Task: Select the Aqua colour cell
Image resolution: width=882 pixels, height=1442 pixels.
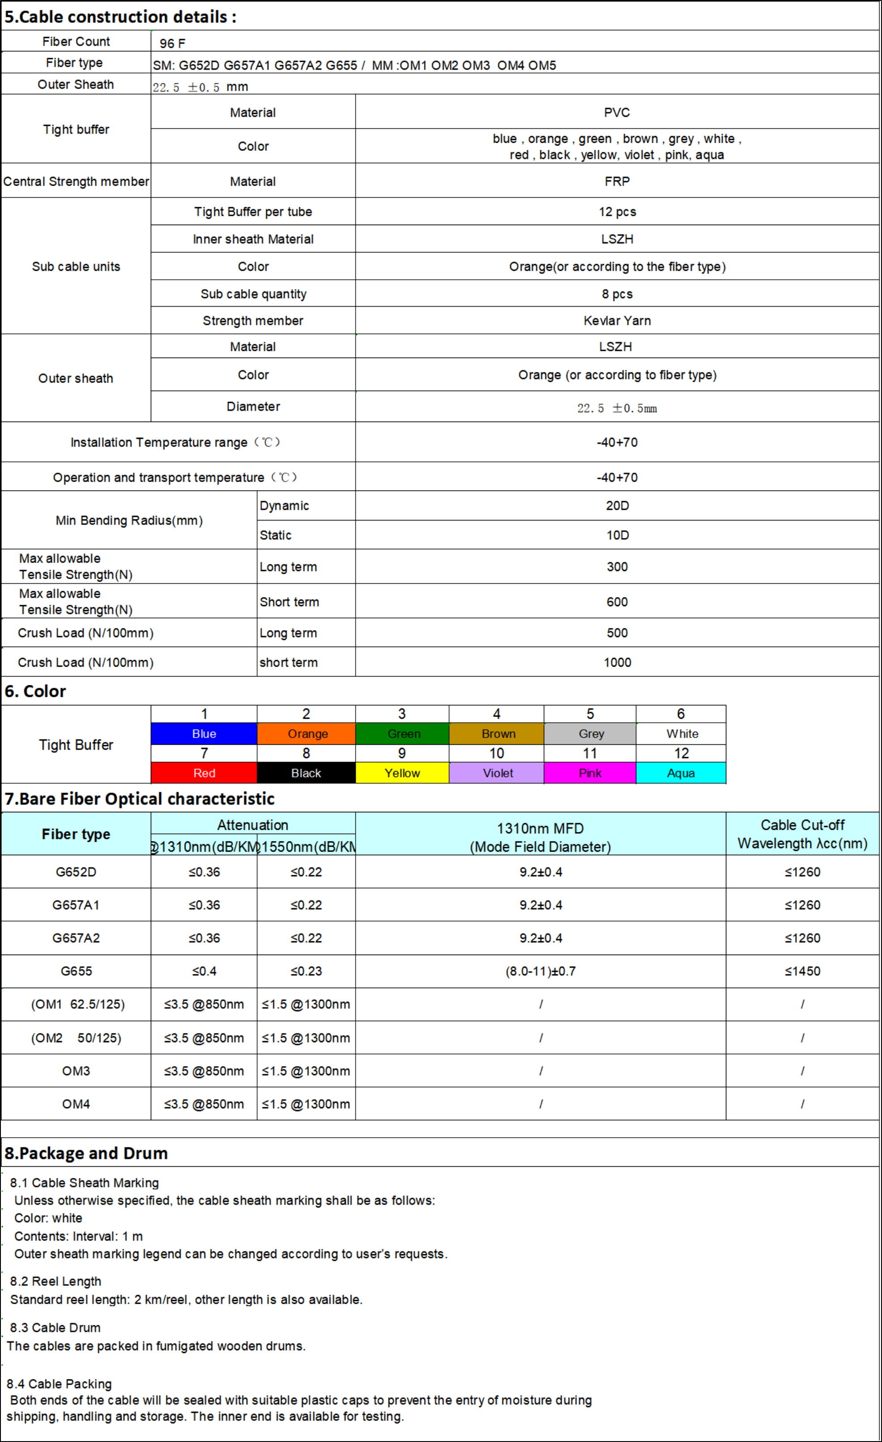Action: tap(681, 772)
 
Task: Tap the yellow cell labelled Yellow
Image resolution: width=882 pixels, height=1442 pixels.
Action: tap(402, 772)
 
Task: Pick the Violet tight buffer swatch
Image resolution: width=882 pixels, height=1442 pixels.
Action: tap(498, 772)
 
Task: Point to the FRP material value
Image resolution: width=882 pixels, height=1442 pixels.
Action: tap(617, 181)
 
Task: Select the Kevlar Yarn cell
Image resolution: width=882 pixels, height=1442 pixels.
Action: tap(617, 321)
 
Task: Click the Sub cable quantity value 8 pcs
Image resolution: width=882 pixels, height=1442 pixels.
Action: tap(617, 294)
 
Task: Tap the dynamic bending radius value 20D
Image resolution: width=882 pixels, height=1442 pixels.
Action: tap(617, 506)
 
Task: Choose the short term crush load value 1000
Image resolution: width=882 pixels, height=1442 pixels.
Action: tap(617, 662)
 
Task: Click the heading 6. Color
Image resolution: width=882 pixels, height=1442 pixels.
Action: tap(35, 691)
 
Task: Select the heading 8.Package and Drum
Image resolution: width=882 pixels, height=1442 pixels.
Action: tap(86, 1153)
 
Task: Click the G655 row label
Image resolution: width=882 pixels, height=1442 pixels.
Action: tap(76, 971)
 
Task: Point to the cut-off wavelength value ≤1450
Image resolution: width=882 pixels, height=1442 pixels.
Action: tap(802, 971)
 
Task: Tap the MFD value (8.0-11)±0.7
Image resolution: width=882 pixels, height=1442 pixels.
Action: tap(540, 971)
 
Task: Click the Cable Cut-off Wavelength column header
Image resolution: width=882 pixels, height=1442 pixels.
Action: tap(802, 834)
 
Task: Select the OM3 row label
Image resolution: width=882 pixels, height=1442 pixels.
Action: tap(76, 1071)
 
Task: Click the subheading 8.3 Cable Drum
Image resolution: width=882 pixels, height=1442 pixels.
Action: tap(55, 1327)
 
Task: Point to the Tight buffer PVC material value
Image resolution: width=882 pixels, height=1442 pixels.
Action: tap(617, 112)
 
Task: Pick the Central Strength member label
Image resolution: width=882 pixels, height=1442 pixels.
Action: tap(76, 181)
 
